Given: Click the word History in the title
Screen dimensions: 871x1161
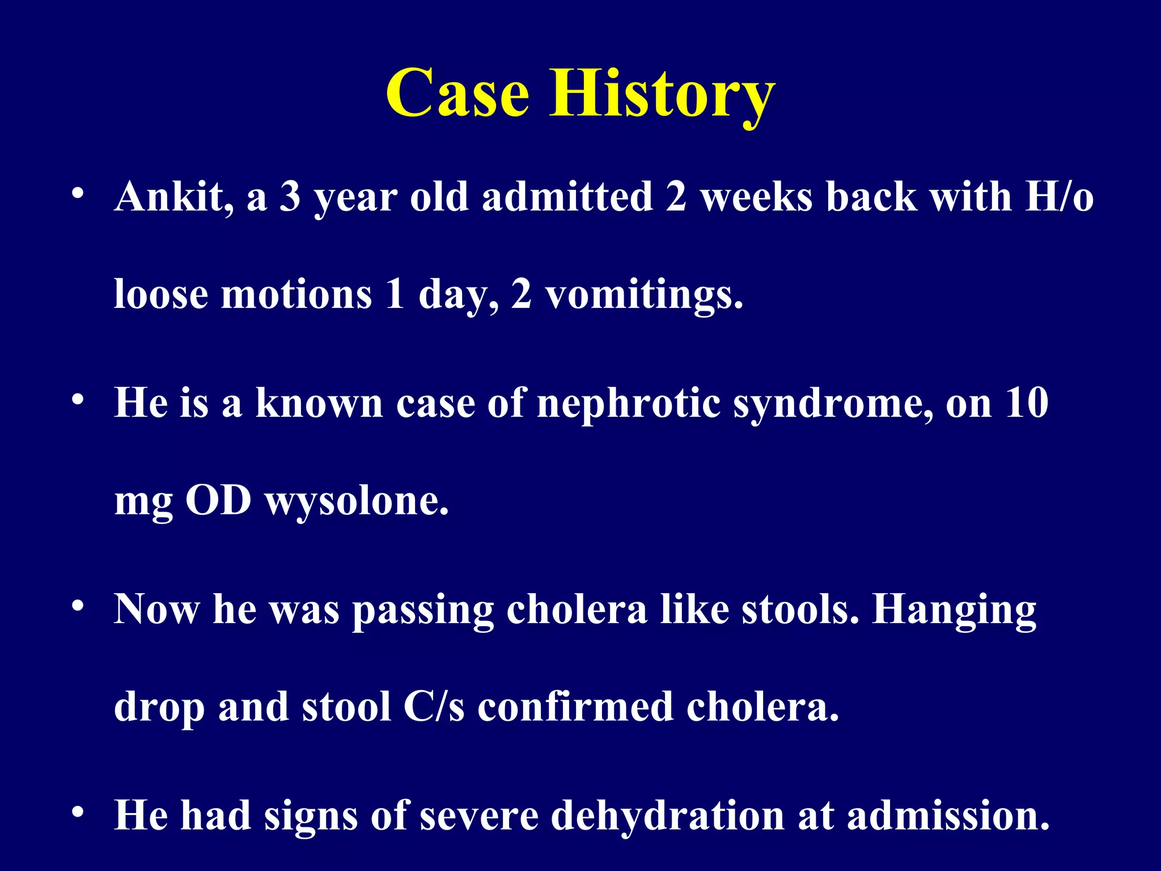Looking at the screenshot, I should pyautogui.click(x=662, y=94).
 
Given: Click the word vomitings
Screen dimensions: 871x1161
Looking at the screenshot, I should pyautogui.click(x=644, y=295).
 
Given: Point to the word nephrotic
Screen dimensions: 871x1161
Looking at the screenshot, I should pyautogui.click(x=628, y=403).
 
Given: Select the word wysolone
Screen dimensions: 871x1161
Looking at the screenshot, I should pyautogui.click(x=357, y=502).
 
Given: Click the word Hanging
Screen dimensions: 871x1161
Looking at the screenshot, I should pyautogui.click(x=954, y=610).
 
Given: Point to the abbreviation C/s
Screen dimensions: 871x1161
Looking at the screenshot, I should pyautogui.click(x=434, y=707).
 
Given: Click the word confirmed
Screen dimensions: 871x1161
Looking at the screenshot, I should pyautogui.click(x=575, y=707).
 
